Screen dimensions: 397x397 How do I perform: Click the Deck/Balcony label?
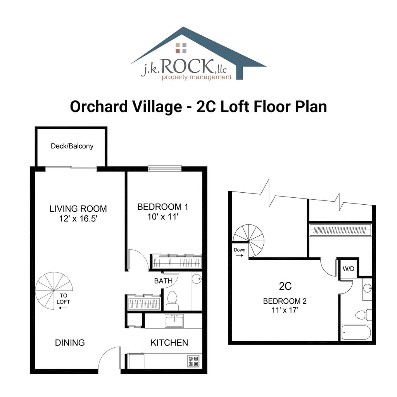tap(72, 146)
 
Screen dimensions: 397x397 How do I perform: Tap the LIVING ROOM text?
tap(78, 209)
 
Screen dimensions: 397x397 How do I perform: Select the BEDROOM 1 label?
tap(163, 207)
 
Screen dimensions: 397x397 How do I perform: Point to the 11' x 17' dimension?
tap(285, 310)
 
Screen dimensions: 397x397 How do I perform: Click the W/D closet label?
tap(349, 269)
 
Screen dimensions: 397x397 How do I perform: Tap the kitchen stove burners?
tap(193, 361)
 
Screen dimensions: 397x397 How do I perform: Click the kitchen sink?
tap(174, 321)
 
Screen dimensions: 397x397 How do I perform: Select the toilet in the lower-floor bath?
tap(172, 300)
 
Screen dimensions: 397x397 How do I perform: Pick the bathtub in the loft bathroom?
tap(356, 332)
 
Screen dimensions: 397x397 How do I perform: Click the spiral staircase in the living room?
tap(54, 291)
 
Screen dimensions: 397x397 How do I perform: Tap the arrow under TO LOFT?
tap(63, 308)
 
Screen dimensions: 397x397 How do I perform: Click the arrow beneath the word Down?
tap(240, 255)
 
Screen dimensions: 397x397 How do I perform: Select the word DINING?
tap(70, 343)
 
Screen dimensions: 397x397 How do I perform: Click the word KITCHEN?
tap(169, 343)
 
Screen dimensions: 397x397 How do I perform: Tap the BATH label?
tap(163, 281)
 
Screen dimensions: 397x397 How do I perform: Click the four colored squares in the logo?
tap(181, 48)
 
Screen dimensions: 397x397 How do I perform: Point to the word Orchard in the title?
tap(99, 107)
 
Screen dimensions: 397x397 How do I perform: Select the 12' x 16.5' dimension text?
tap(78, 219)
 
